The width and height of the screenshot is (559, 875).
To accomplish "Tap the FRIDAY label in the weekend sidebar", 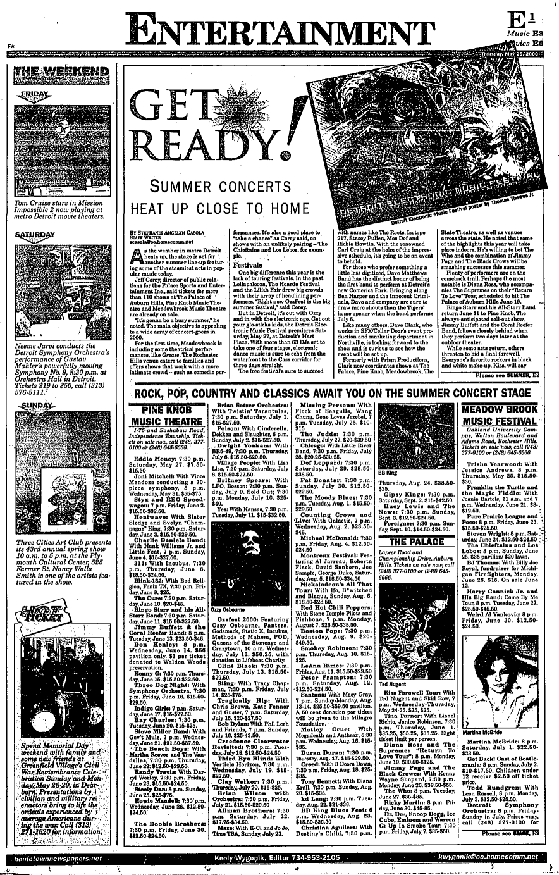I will pyautogui.click(x=40, y=92).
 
